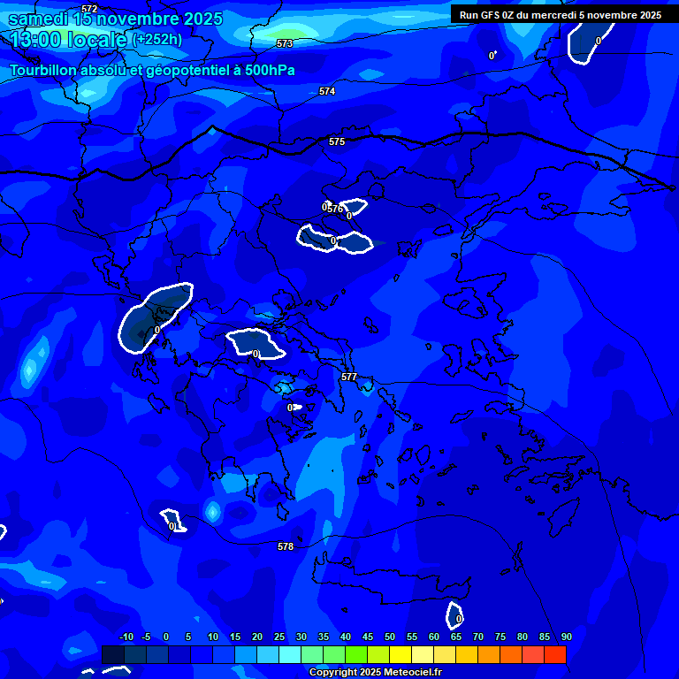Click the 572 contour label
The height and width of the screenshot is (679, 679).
click(89, 8)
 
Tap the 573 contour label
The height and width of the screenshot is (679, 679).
click(285, 42)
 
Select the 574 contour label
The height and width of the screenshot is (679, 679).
click(327, 91)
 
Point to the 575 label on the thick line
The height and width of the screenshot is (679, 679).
click(337, 141)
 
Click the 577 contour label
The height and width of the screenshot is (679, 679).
click(349, 377)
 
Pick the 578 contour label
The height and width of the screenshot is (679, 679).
click(286, 546)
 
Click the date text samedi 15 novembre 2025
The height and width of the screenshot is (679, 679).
click(116, 19)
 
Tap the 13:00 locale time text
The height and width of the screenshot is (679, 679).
click(69, 40)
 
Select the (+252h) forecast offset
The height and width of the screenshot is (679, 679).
click(157, 40)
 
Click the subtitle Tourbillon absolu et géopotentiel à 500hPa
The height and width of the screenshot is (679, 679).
click(152, 71)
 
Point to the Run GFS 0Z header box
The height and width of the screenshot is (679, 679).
click(561, 15)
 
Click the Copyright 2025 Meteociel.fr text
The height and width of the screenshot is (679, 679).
click(375, 673)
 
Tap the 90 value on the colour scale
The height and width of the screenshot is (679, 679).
click(566, 637)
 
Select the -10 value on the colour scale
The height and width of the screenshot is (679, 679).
click(126, 637)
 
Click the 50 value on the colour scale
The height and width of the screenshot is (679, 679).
click(390, 637)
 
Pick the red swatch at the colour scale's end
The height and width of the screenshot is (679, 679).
click(554, 654)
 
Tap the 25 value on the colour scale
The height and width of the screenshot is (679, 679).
click(279, 637)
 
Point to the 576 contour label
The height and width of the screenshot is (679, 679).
click(335, 210)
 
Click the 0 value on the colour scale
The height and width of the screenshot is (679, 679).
click(166, 637)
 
